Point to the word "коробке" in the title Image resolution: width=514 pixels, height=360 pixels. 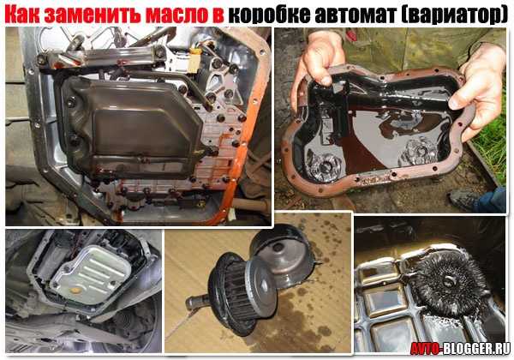pos(269,15)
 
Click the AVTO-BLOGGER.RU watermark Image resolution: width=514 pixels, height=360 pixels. pos(460,348)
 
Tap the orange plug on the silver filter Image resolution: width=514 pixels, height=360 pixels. pos(75,291)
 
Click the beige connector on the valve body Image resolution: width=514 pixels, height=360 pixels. pos(194,63)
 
